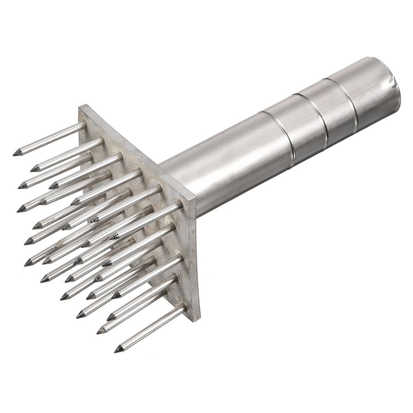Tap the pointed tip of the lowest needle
tap(118, 350)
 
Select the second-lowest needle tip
tap(100, 331)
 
